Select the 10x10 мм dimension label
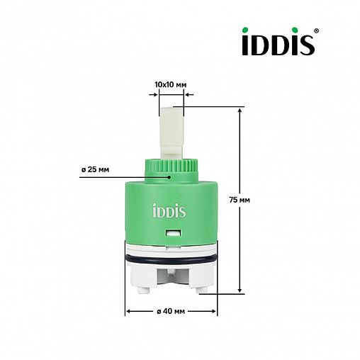point(170,84)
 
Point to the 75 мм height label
point(261,200)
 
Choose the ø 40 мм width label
point(171,312)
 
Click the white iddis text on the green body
point(171,210)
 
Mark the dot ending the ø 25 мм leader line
point(170,178)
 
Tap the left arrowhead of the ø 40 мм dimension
point(128,312)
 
